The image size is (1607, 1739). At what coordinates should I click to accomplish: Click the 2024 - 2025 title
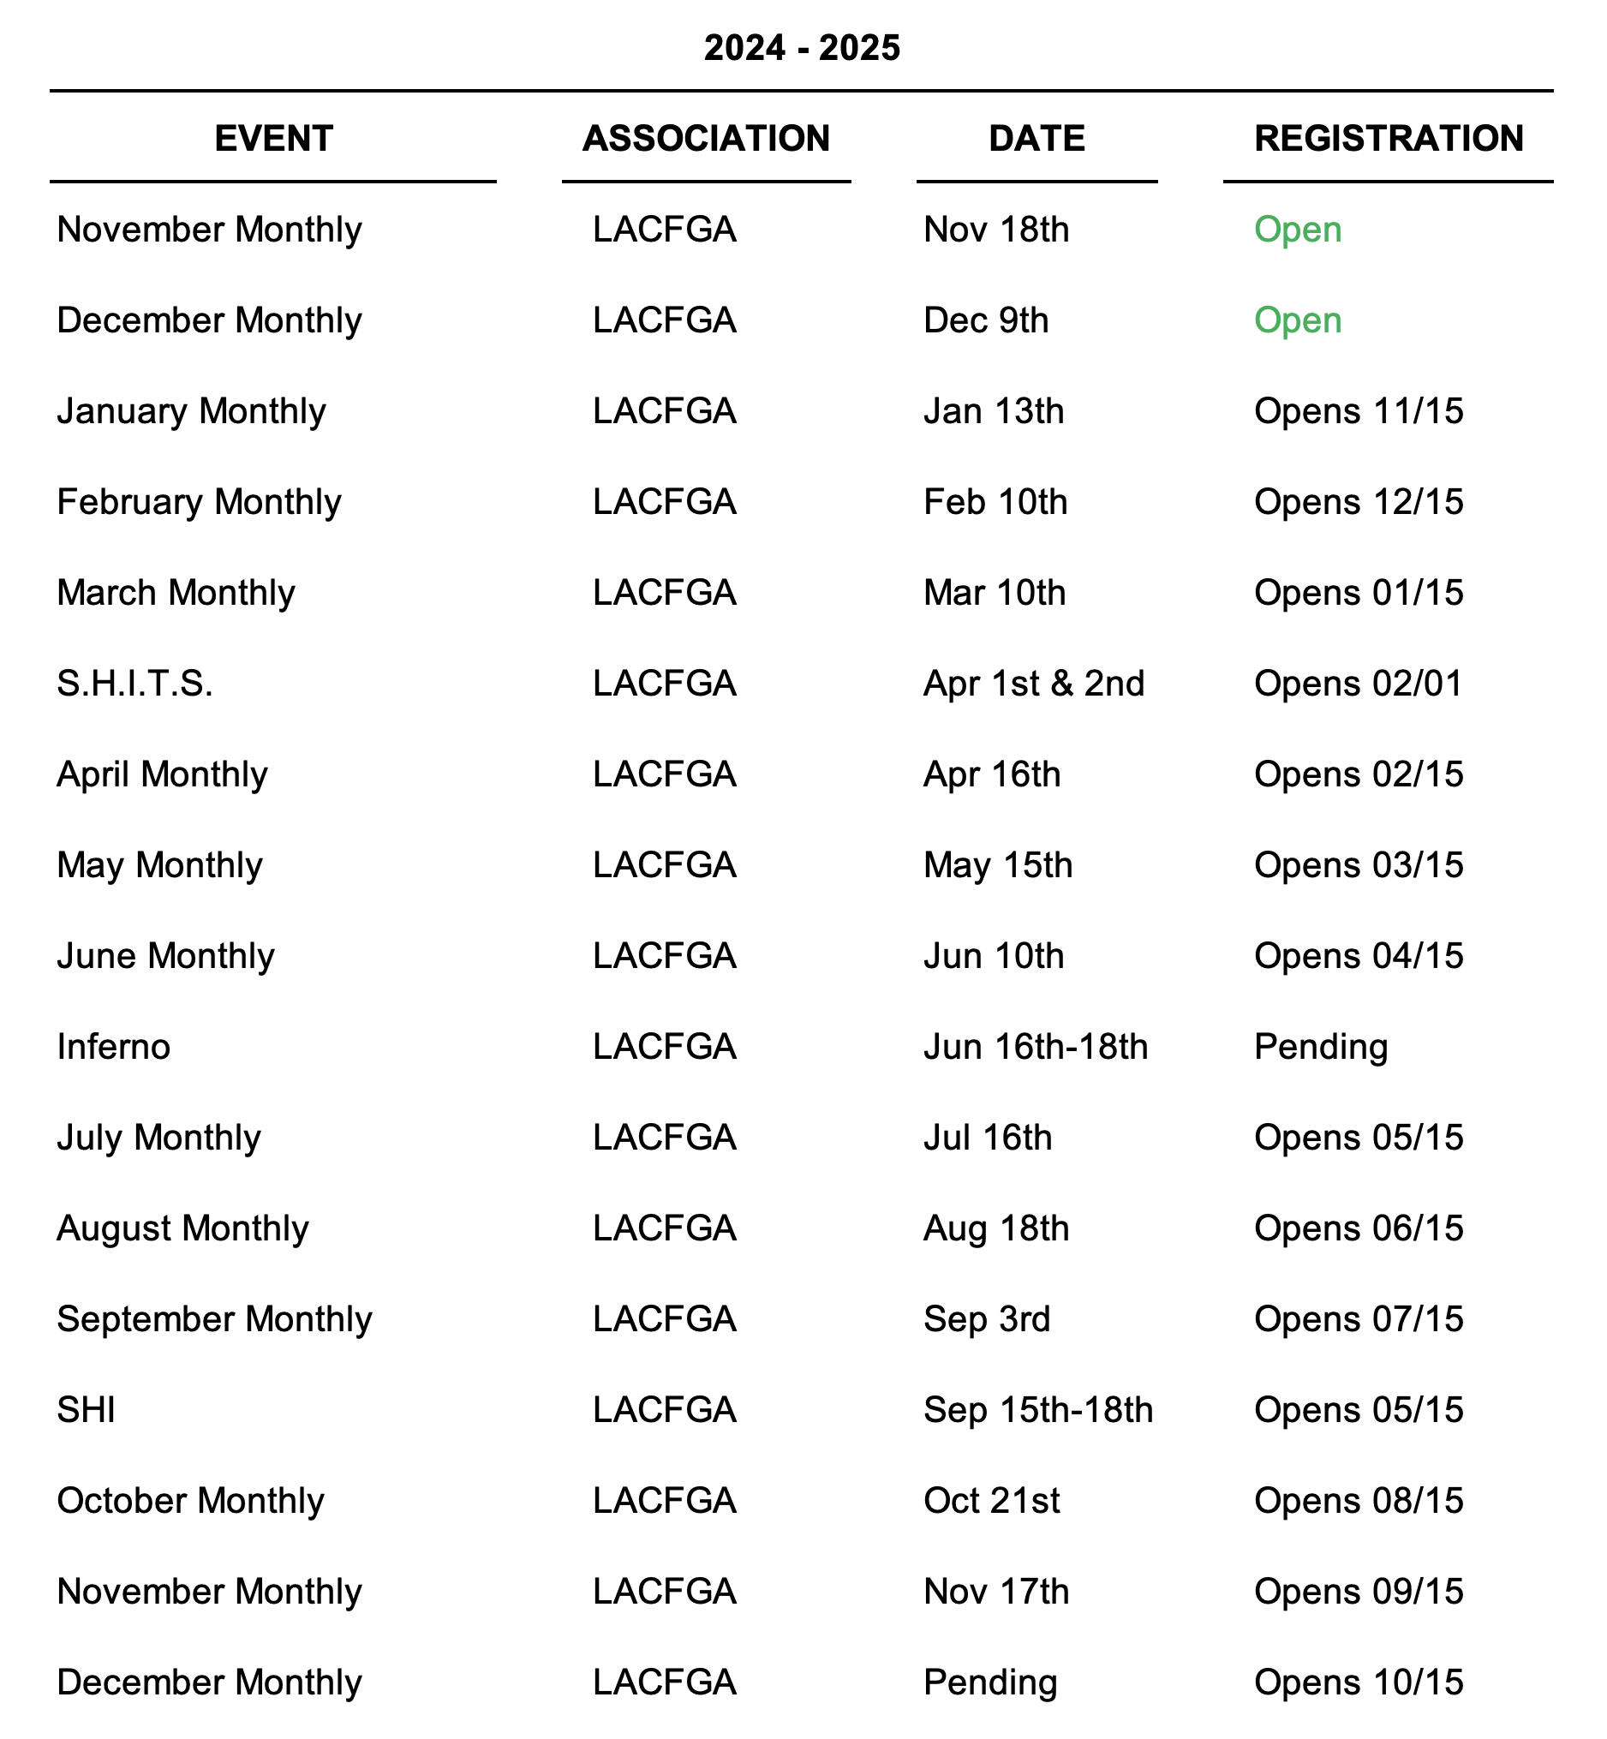[802, 48]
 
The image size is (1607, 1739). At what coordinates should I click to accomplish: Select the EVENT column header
[273, 138]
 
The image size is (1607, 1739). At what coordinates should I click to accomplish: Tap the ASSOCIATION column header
[706, 138]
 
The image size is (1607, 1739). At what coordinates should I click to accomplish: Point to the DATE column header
[1036, 138]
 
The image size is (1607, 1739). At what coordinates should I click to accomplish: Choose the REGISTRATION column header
[1388, 138]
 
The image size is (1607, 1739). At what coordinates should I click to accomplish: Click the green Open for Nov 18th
[1298, 230]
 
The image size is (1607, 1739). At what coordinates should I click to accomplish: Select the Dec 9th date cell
[985, 320]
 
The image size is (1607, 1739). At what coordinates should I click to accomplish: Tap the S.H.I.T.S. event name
[134, 684]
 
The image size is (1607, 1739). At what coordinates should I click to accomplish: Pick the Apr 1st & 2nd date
[1034, 684]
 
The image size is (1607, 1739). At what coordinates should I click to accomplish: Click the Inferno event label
[113, 1047]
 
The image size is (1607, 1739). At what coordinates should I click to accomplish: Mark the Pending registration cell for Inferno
[1320, 1047]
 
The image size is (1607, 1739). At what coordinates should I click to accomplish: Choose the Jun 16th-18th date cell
[1036, 1047]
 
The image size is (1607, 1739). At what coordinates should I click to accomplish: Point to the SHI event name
[86, 1409]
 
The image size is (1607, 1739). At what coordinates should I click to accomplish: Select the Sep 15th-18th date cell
[1038, 1409]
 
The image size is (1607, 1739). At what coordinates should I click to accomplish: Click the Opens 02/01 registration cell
[1359, 684]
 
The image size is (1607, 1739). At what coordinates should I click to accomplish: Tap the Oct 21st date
[991, 1501]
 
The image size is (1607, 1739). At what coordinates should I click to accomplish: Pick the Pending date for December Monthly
[989, 1682]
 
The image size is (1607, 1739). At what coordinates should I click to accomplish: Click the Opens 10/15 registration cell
[1359, 1682]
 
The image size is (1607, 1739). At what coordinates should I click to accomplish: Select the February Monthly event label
[199, 502]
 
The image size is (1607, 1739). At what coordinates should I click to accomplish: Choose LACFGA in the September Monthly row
[665, 1319]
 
